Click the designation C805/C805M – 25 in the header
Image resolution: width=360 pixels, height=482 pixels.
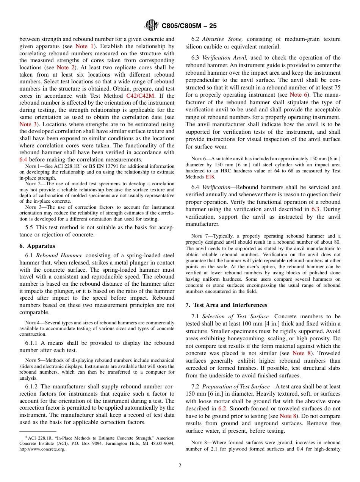click(x=189, y=26)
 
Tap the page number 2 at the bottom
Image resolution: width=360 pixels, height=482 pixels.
click(x=180, y=466)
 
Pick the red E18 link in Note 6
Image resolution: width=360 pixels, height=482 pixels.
click(x=210, y=177)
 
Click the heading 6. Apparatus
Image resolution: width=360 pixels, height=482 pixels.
click(x=37, y=246)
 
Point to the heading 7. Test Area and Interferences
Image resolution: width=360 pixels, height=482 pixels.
click(x=226, y=305)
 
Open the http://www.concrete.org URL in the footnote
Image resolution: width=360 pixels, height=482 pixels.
click(x=42, y=449)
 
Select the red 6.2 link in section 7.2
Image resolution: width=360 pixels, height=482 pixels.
click(x=222, y=408)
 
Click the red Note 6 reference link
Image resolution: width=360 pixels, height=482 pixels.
click(x=298, y=95)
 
